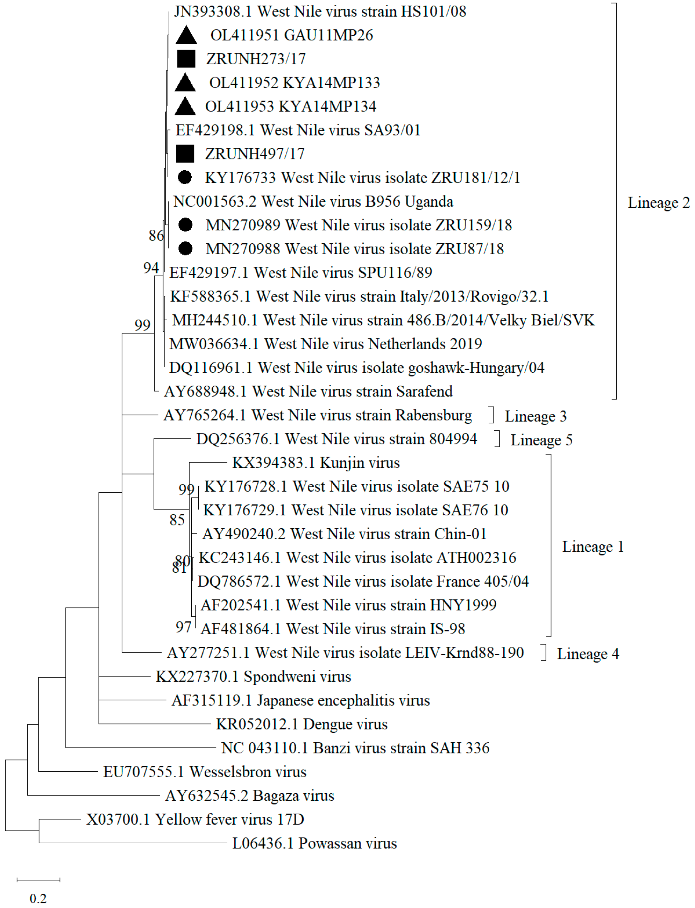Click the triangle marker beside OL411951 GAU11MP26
[x=186, y=36]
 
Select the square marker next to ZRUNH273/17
[x=186, y=59]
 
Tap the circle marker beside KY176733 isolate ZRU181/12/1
[x=185, y=177]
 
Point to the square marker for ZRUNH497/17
[x=185, y=154]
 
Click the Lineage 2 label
[x=659, y=202]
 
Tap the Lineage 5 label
[x=541, y=440]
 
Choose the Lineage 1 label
[x=593, y=546]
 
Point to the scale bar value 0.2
[x=38, y=898]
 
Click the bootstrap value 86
[x=156, y=236]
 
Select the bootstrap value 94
[x=151, y=268]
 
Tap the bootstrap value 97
[x=183, y=627]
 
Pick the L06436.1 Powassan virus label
[x=314, y=843]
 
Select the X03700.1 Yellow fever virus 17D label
[x=195, y=819]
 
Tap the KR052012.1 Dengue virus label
[x=302, y=724]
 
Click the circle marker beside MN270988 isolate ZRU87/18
[x=185, y=249]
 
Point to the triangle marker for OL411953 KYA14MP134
[x=185, y=107]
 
